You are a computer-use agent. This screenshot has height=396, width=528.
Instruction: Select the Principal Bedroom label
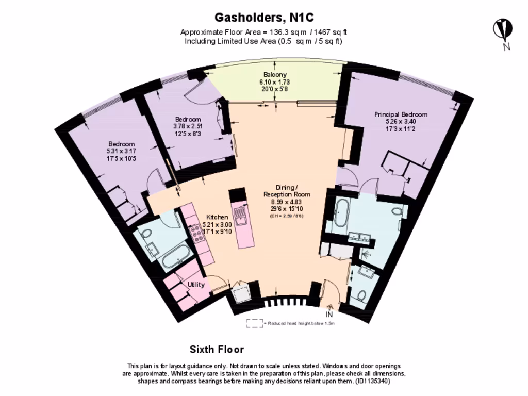[401, 114]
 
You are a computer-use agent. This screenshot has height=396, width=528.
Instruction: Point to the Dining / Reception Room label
[287, 190]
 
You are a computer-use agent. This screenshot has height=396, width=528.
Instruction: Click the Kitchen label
[217, 217]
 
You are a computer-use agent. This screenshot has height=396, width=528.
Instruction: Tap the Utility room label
[196, 285]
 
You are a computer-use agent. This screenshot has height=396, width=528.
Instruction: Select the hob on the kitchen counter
[197, 235]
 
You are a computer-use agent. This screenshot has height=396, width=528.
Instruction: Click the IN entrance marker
[329, 314]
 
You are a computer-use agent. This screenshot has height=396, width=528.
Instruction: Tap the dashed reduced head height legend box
[254, 323]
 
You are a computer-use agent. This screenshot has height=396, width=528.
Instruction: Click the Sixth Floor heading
[217, 350]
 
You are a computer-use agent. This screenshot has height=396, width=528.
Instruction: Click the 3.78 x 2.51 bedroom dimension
[188, 126]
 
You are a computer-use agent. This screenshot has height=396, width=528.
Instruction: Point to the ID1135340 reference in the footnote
[372, 382]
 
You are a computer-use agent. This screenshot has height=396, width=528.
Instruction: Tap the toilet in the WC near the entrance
[361, 296]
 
